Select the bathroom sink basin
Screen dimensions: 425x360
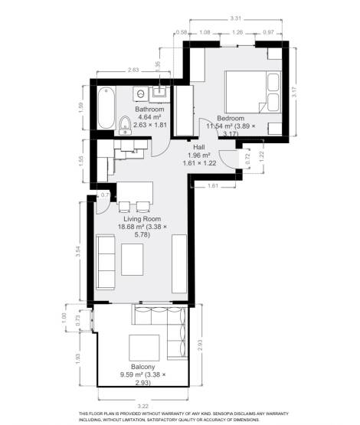tap(160, 93)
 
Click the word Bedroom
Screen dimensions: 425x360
tap(231, 118)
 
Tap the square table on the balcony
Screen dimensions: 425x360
tap(145, 348)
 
